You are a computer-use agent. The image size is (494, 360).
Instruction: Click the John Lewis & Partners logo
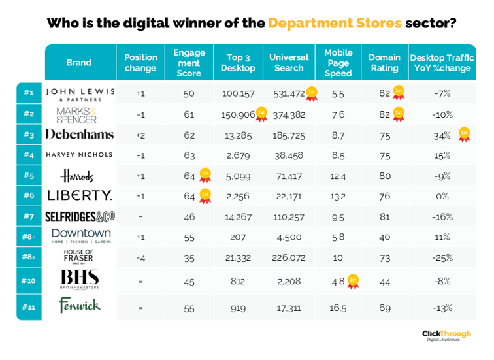pos(80,93)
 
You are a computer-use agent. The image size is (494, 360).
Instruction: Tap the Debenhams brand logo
pos(80,135)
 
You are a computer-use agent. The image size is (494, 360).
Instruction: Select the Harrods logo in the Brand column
pos(77,176)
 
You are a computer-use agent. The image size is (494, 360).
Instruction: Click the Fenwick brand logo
pos(79,304)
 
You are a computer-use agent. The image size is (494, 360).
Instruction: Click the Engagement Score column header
pos(189,63)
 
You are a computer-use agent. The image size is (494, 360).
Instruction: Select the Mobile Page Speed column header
pos(338,63)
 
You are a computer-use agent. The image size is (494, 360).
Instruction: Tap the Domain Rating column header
pos(384,63)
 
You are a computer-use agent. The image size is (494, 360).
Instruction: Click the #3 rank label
pos(29,135)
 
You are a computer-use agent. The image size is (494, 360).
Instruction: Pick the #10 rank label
pos(29,281)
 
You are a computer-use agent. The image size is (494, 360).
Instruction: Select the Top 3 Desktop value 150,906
pos(238,114)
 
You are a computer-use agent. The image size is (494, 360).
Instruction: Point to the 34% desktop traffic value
pos(442,135)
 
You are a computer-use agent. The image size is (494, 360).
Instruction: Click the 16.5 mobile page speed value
pos(338,308)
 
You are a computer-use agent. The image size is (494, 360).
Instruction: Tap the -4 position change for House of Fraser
pos(140,257)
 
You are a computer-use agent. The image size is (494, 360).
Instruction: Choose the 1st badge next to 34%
pos(464,135)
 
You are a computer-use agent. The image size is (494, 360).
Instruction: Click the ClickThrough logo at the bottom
pos(448,335)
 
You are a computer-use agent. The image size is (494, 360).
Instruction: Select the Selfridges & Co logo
pos(80,216)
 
